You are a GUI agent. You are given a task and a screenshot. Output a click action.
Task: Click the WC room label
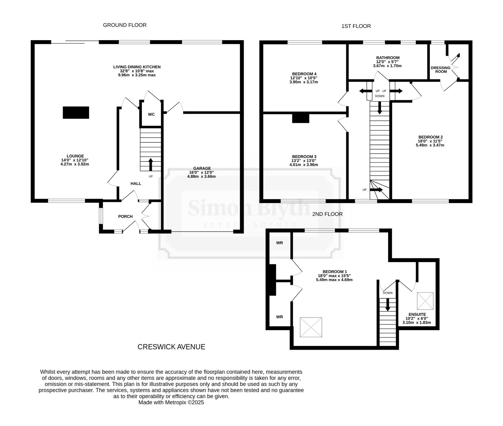(151, 114)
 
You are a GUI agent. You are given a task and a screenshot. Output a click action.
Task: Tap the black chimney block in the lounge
(76, 112)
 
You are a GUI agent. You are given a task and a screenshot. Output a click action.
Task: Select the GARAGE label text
(202, 168)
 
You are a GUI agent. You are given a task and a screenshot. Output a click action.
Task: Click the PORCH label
(125, 216)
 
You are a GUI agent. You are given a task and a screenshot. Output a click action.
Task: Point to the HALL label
(136, 184)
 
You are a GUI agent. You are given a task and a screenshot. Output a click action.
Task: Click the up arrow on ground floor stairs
(151, 164)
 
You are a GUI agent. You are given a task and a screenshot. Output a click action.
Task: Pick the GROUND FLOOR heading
(125, 25)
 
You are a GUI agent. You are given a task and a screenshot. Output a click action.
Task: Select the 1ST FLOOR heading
(356, 26)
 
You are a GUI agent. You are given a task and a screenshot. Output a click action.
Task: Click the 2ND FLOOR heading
(327, 214)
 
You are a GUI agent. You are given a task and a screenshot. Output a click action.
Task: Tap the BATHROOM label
(388, 58)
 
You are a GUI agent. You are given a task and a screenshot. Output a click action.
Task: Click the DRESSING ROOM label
(441, 70)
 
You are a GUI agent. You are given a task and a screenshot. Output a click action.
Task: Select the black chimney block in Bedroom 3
(301, 118)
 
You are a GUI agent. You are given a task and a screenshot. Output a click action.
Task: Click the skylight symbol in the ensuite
(425, 301)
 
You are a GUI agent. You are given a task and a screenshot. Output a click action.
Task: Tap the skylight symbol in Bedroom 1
(311, 327)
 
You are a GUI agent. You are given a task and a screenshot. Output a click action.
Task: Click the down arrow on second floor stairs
(388, 305)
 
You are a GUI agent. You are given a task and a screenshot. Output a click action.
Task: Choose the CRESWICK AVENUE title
(171, 347)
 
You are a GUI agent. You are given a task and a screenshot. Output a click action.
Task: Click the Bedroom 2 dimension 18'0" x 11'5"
(430, 141)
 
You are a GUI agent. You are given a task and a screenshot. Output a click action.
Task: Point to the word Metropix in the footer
(176, 402)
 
